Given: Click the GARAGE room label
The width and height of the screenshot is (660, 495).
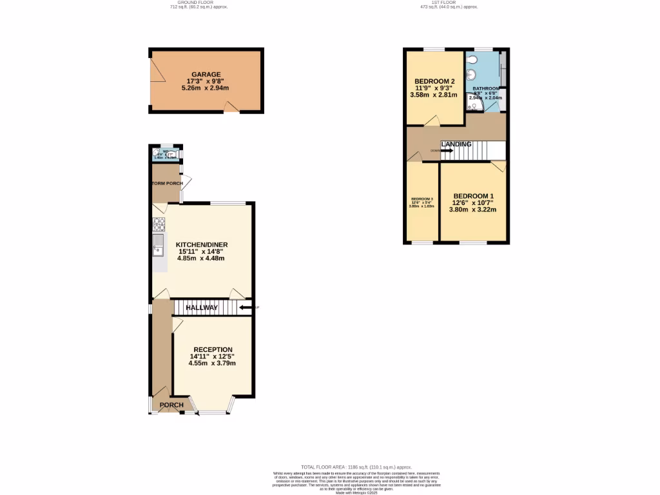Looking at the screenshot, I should (206, 75).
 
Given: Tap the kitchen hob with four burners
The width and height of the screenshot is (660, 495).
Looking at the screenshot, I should (159, 225).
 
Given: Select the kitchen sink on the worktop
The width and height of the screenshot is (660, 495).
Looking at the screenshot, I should (158, 246).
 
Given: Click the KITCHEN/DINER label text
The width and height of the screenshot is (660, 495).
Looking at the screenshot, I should (202, 245).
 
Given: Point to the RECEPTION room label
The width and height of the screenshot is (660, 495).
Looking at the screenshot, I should (213, 349).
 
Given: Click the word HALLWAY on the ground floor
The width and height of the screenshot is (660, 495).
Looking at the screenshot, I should (202, 308).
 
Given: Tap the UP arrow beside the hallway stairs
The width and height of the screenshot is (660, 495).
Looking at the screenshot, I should (246, 307).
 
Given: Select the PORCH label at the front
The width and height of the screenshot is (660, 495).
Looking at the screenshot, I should (171, 405).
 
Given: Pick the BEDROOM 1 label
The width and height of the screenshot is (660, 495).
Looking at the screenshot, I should (473, 196).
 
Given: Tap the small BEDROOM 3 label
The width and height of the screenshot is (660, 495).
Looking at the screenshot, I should (422, 199).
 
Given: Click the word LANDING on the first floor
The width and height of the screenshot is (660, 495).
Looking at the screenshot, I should (456, 144).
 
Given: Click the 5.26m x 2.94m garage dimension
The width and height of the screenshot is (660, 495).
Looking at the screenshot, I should (206, 88).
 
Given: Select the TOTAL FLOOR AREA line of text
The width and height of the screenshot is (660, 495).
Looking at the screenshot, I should (356, 467).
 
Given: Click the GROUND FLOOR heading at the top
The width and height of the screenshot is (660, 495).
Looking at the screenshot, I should (199, 3).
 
